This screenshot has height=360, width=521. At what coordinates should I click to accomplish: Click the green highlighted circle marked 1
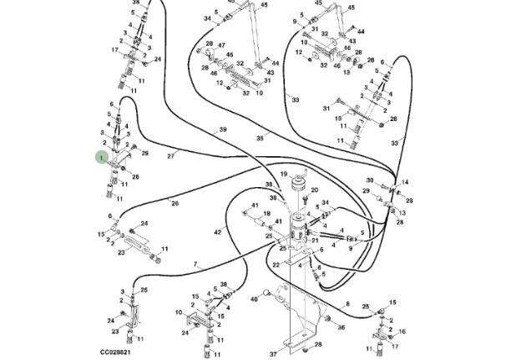[x=102, y=157]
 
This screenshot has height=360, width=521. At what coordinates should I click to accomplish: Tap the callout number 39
[x=223, y=129]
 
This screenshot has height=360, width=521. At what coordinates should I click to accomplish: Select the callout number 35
[x=260, y=138]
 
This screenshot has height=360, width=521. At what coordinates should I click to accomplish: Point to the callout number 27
[x=170, y=156]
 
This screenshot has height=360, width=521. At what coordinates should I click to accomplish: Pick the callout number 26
[x=175, y=203]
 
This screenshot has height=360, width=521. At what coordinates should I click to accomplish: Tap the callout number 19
[x=283, y=173]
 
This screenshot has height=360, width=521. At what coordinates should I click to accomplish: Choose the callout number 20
[x=315, y=190]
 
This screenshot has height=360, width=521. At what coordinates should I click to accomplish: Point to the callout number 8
[x=346, y=305]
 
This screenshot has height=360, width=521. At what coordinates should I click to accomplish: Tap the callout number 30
[x=369, y=180]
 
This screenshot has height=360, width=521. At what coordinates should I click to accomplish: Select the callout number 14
[x=406, y=182]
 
